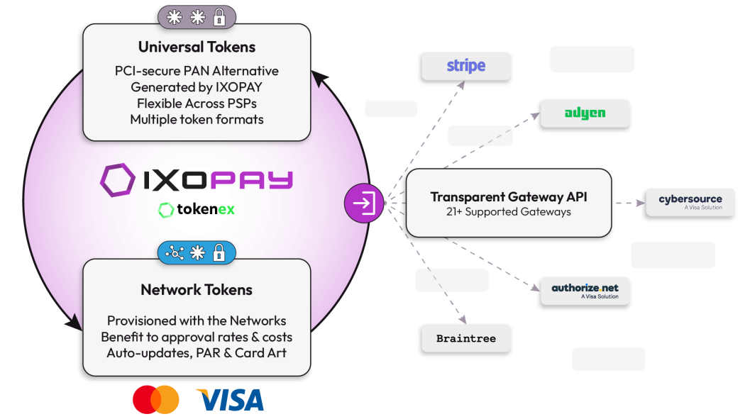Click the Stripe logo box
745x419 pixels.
(x=465, y=67)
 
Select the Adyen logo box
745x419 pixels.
(x=585, y=113)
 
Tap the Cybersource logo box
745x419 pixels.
(x=690, y=202)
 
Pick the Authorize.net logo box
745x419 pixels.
(x=585, y=291)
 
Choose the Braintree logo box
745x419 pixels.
(x=465, y=338)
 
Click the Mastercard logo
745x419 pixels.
(x=156, y=400)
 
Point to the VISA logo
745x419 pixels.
(x=230, y=400)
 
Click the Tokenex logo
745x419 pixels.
(x=197, y=210)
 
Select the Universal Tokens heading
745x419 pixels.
(x=197, y=48)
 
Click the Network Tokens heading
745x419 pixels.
(x=197, y=289)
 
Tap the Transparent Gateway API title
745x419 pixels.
(x=509, y=197)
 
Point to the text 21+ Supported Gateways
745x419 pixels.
(x=509, y=211)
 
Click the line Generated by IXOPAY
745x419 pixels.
(x=197, y=87)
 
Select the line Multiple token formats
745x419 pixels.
(x=197, y=119)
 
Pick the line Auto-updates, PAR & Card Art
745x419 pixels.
(x=197, y=352)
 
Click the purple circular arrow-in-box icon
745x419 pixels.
(x=364, y=203)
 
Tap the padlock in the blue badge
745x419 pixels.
(x=219, y=252)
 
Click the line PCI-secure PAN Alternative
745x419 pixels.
(x=197, y=71)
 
